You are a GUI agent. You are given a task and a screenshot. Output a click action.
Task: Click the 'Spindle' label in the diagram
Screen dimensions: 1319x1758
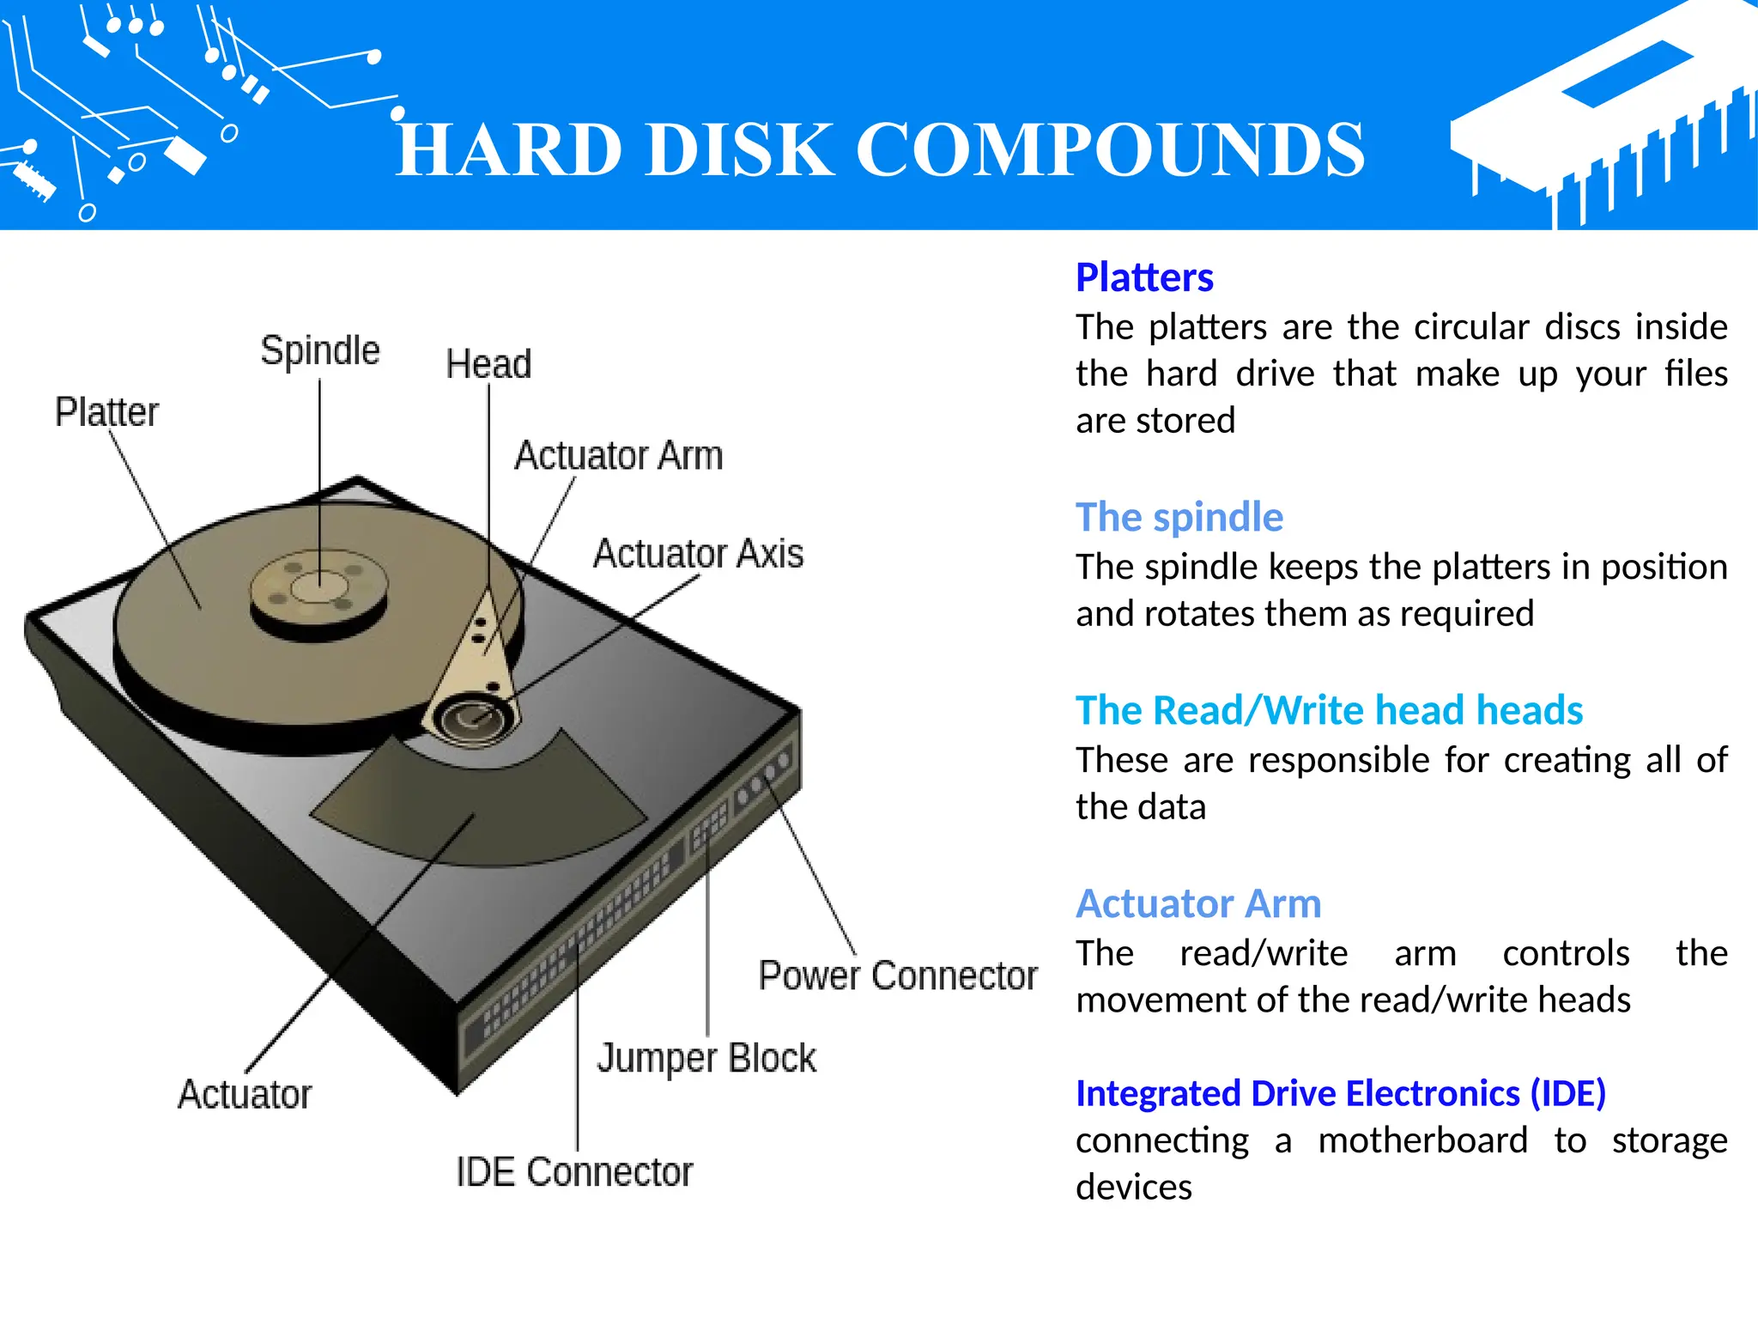pos(319,350)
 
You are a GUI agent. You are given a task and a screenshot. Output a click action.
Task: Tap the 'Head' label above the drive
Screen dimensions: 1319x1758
pos(488,364)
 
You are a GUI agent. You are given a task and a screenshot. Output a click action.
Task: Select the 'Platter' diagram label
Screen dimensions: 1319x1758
pos(106,412)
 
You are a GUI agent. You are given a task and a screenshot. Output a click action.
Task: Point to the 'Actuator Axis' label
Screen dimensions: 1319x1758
pos(698,554)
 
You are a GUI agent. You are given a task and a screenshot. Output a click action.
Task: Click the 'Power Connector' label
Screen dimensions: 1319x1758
pos(897,976)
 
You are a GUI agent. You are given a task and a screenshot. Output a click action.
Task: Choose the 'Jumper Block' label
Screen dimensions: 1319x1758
pos(706,1058)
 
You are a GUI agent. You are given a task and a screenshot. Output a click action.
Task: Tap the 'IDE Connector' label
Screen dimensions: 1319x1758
pos(573,1172)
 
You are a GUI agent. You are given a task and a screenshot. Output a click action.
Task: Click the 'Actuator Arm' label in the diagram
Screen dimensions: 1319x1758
pos(618,456)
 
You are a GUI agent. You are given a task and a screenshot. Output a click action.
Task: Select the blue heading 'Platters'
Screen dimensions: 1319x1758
pos(1143,277)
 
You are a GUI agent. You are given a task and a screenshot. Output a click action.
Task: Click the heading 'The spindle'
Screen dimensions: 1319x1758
pos(1179,517)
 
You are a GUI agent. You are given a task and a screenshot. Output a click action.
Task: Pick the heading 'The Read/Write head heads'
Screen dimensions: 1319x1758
pos(1329,710)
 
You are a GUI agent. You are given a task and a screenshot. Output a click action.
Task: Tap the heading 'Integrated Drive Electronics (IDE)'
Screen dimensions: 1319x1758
pos(1340,1093)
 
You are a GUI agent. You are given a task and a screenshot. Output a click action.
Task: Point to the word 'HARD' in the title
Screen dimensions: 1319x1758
pos(509,150)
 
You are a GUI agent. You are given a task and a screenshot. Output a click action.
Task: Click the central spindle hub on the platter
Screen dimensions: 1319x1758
pos(318,590)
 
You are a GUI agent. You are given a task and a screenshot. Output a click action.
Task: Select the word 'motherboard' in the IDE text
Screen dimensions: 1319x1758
pos(1422,1140)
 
